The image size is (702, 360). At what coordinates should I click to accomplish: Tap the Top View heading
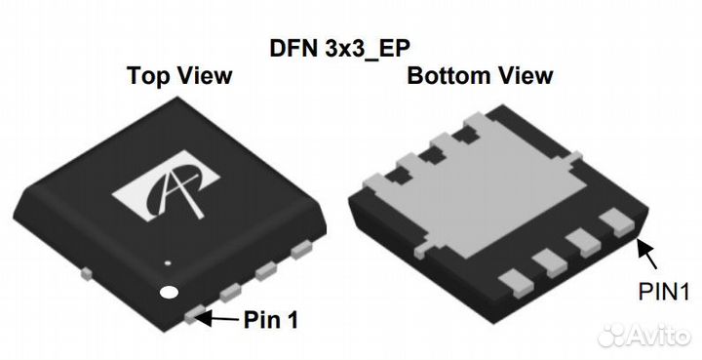click(x=179, y=76)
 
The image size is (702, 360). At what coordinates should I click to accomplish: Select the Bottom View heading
click(x=480, y=76)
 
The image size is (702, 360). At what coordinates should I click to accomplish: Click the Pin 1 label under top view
click(x=272, y=319)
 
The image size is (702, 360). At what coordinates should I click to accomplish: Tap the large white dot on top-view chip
click(x=171, y=292)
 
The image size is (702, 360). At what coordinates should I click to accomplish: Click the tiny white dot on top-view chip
click(x=168, y=261)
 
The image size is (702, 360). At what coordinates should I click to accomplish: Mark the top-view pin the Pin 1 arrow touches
click(x=195, y=313)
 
